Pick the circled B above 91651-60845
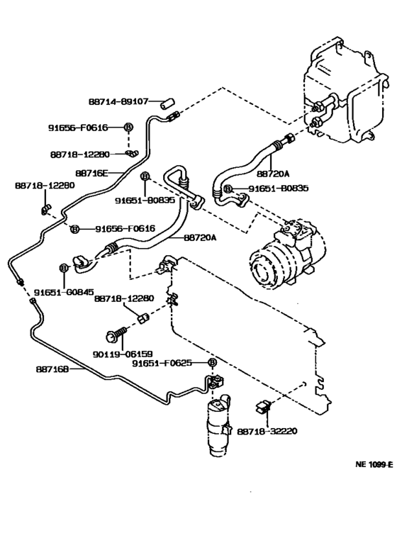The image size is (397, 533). (63, 267)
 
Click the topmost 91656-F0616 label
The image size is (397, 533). (77, 128)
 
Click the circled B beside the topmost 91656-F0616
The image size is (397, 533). (128, 128)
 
